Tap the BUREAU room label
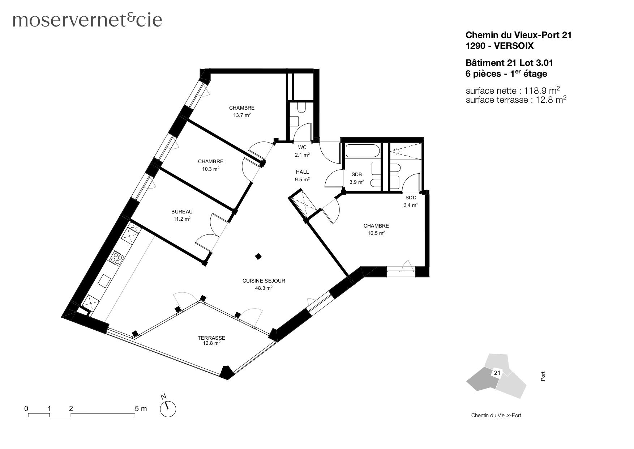point(182,212)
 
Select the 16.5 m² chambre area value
point(376,233)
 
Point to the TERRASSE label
point(211,338)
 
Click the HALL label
point(302,172)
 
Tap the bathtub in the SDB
point(362,151)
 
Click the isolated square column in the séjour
point(258,257)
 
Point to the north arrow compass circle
point(168,409)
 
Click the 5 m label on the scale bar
point(141,408)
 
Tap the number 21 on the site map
point(497,373)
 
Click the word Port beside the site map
point(543,376)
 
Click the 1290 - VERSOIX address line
point(499,46)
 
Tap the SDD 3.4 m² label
point(411,201)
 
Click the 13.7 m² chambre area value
point(241,115)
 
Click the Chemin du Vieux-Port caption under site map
point(496,415)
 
